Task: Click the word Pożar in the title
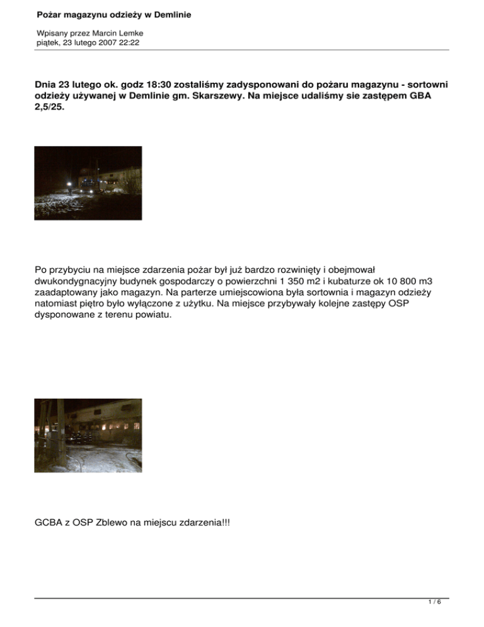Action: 50,14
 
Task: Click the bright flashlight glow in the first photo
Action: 69,183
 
